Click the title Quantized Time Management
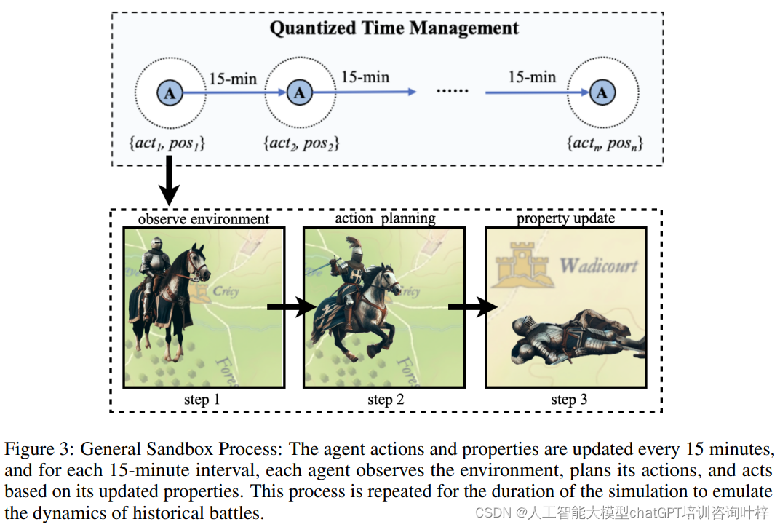point(394,29)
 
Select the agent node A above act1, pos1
point(170,92)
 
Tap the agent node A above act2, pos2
point(299,92)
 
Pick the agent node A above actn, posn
point(602,92)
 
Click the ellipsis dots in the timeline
point(453,91)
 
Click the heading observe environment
point(203,219)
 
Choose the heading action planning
point(385,219)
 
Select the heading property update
point(565,219)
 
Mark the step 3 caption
point(568,400)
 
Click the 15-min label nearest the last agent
point(532,77)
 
